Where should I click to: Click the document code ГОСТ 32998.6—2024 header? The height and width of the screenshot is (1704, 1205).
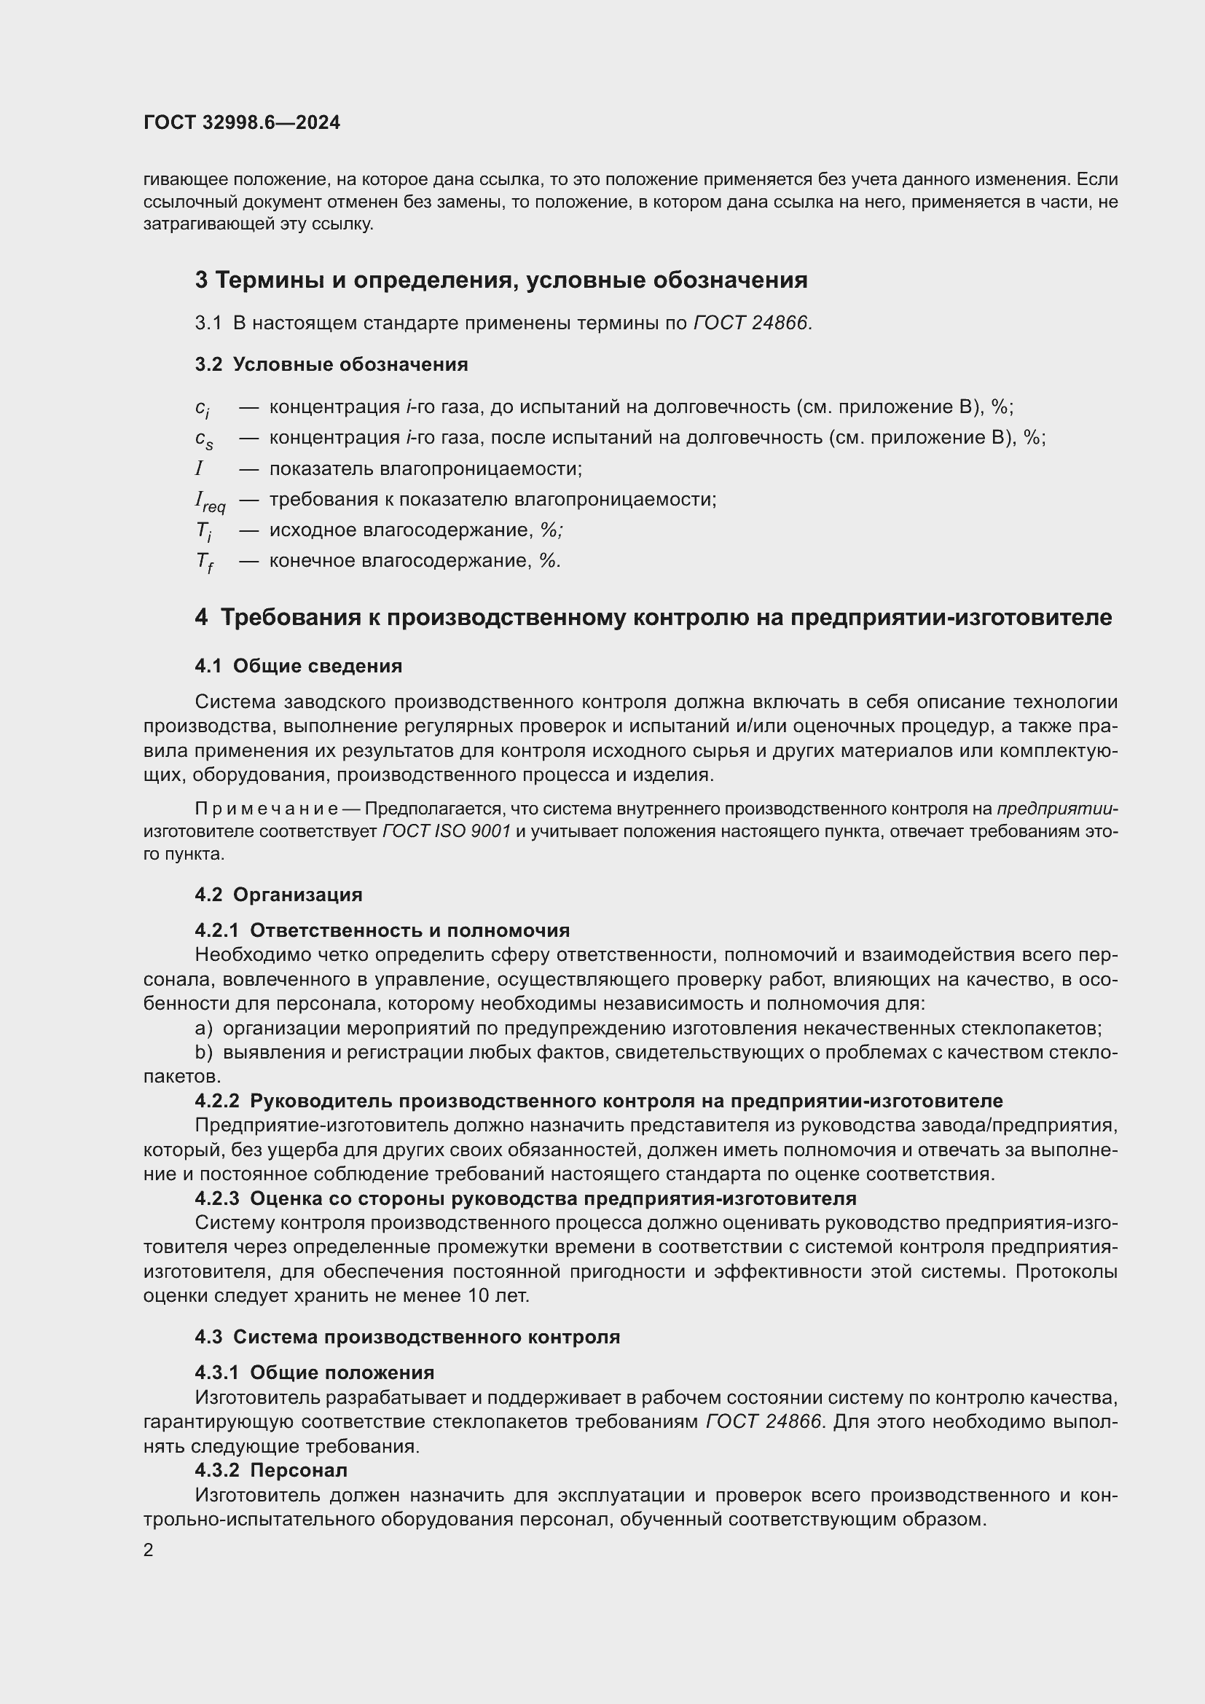(242, 123)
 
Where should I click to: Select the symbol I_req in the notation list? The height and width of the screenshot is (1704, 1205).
(210, 502)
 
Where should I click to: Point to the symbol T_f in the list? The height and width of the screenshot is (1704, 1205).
(204, 562)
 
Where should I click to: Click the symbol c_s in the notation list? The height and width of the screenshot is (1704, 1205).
(204, 439)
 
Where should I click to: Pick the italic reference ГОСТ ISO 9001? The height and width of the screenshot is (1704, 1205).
(447, 831)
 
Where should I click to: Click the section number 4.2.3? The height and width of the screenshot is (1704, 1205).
(216, 1198)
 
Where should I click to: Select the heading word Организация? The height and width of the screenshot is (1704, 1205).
(297, 895)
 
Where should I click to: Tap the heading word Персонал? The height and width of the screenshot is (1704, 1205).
(298, 1470)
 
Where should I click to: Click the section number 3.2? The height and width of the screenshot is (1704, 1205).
(208, 364)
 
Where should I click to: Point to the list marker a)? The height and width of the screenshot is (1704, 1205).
(204, 1029)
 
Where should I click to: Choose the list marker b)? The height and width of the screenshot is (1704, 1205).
(204, 1053)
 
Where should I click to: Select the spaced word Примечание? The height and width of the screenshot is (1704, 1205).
(267, 808)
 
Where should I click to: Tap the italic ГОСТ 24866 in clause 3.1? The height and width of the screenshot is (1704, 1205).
(751, 323)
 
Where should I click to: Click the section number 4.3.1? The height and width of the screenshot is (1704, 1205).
(216, 1373)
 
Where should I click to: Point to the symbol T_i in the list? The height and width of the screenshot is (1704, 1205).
(203, 531)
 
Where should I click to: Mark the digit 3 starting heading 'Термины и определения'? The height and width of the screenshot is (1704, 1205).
(201, 280)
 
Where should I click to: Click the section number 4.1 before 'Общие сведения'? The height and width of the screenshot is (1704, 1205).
(208, 666)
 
